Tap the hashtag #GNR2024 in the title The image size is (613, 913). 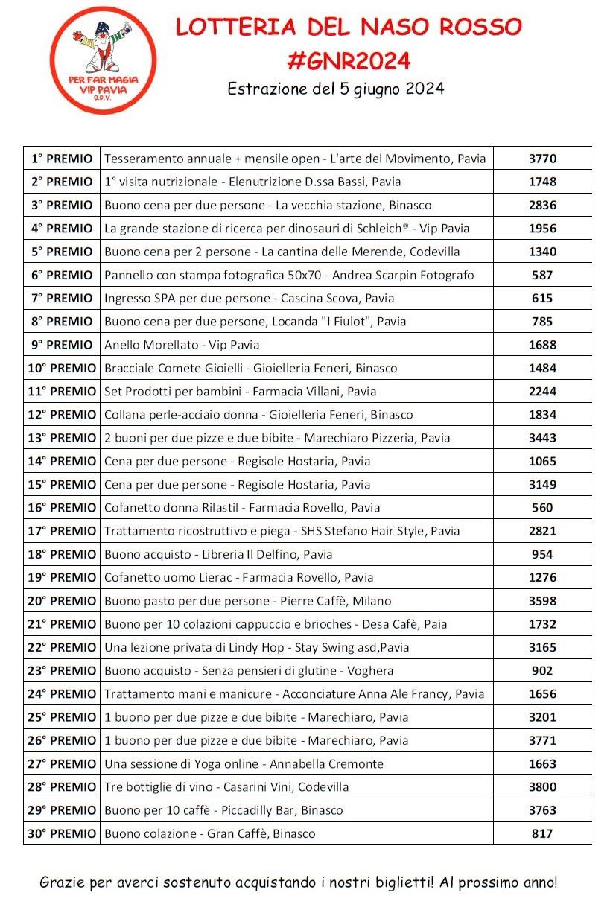(x=349, y=60)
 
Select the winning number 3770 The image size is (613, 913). (x=542, y=159)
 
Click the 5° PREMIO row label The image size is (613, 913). (x=62, y=252)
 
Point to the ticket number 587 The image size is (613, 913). (x=542, y=275)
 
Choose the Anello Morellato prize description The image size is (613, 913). (x=182, y=345)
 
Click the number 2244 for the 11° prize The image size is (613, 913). (x=542, y=391)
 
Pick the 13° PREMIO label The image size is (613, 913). (x=62, y=438)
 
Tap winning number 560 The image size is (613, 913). (x=542, y=508)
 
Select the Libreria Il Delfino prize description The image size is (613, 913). (x=218, y=554)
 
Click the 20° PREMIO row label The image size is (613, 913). (x=62, y=601)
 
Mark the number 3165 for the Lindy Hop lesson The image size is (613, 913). (x=542, y=647)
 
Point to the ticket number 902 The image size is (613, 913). (x=542, y=670)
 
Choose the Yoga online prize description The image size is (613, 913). (x=244, y=763)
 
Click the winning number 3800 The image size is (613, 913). (x=542, y=786)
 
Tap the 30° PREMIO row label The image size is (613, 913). (x=62, y=833)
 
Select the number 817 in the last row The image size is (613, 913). (x=542, y=833)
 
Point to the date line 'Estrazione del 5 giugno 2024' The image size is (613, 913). (x=336, y=89)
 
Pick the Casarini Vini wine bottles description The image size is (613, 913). (x=226, y=786)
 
